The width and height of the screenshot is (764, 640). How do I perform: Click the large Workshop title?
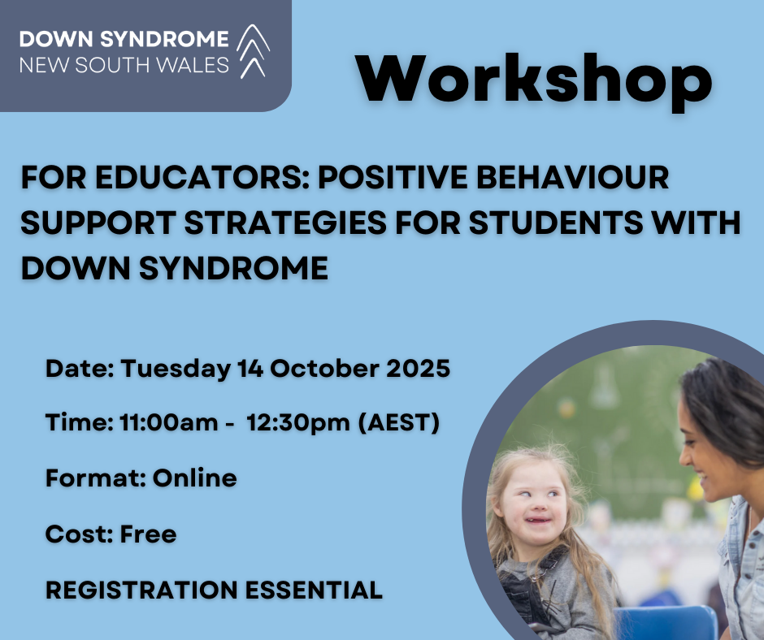pos(534,81)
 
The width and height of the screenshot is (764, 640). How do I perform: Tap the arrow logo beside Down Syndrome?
pos(253,50)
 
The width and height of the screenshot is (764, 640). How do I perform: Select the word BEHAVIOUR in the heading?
pos(572,177)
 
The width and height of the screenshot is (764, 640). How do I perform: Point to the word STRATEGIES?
pos(285,223)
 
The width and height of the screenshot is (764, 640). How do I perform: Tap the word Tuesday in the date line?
pos(176,369)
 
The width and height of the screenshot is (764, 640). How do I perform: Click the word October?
pos(324,368)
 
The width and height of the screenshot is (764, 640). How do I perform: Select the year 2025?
pos(418,368)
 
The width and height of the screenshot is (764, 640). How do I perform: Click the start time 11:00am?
pos(168,422)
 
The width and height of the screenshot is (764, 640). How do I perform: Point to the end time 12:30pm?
pos(297,423)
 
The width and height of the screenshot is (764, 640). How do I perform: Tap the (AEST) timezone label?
pos(398,422)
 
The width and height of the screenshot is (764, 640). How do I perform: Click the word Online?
pos(195,478)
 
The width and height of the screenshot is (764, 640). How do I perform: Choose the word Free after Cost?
pos(148,534)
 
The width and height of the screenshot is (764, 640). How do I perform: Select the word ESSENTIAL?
pos(314,590)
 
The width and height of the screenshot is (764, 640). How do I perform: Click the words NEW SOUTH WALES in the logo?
pos(124,65)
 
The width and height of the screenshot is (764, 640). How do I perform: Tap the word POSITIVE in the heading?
pos(393,177)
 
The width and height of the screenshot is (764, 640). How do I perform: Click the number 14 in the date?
pos(250,368)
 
